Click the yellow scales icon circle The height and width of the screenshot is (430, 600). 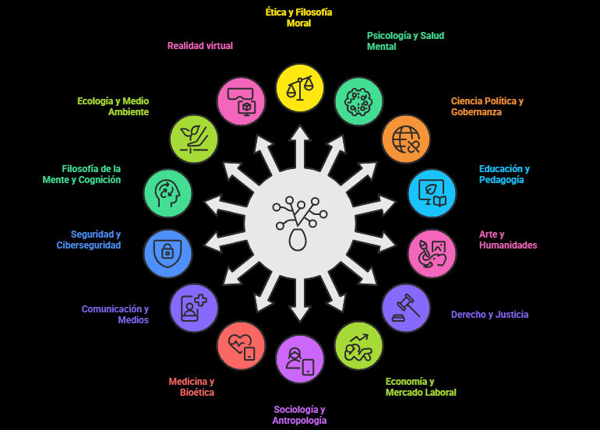pos(300,87)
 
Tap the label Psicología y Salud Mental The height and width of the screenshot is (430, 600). pos(405,41)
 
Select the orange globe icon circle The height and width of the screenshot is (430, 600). pos(405,139)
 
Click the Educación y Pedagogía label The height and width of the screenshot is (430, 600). pos(504,174)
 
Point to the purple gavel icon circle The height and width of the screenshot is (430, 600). pos(405,308)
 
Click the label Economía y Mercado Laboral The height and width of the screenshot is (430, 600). pos(421,387)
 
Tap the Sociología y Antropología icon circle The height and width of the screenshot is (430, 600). pos(300,359)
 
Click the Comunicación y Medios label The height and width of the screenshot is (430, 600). pos(115,314)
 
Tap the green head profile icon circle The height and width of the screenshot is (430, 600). pos(168,192)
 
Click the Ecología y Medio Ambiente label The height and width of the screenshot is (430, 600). pos(113,106)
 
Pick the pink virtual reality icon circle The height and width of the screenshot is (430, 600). pos(241,100)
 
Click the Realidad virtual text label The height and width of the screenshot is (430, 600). pos(200,46)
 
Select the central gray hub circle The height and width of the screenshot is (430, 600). pos(300,223)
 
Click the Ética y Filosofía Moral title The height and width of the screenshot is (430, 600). pos(299,18)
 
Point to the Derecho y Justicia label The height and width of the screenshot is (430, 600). pos(489,315)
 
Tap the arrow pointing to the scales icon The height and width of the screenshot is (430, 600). pos(300,144)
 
